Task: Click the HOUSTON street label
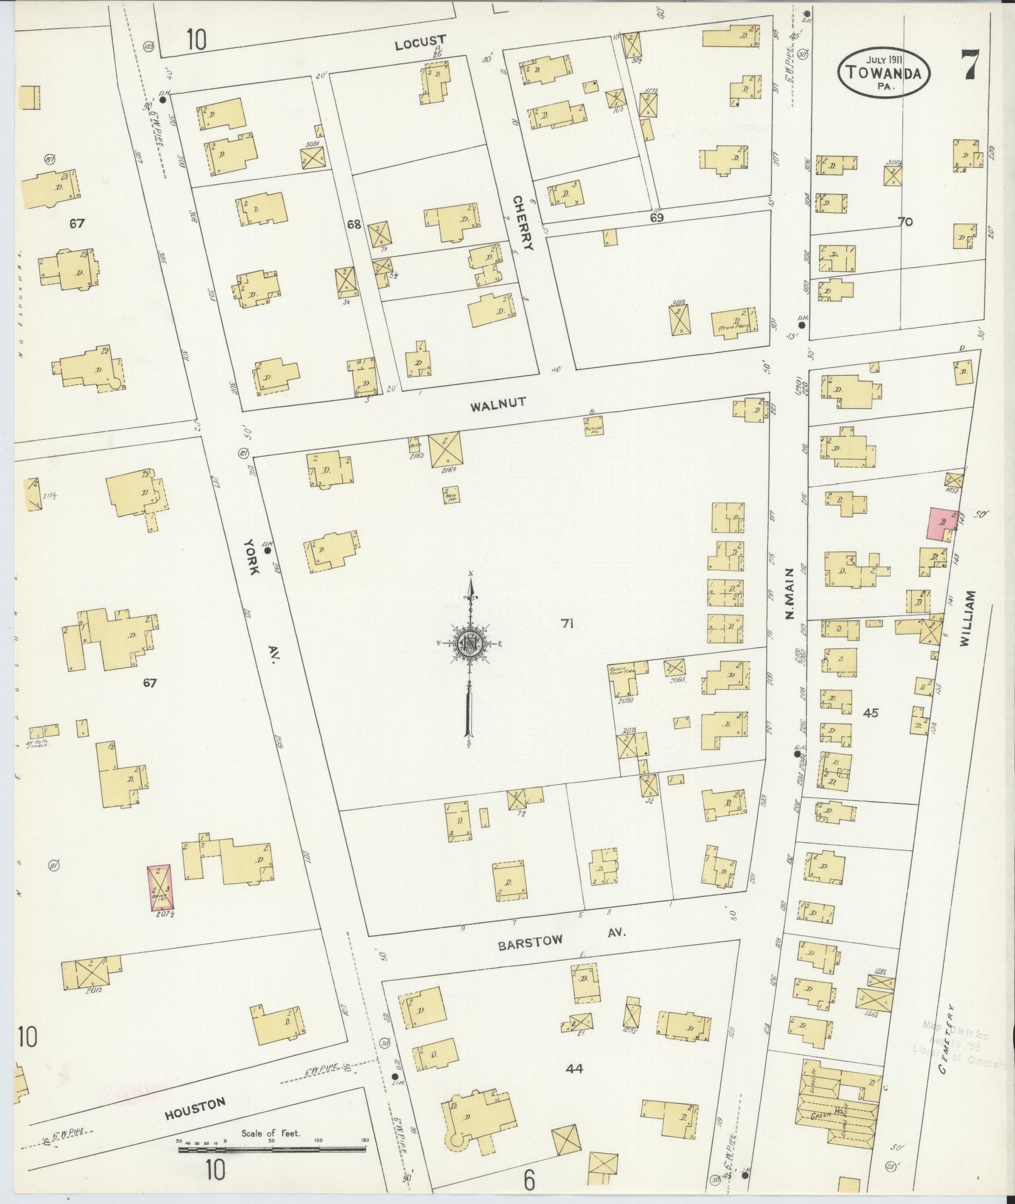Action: tap(194, 1110)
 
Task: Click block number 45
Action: tap(871, 713)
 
